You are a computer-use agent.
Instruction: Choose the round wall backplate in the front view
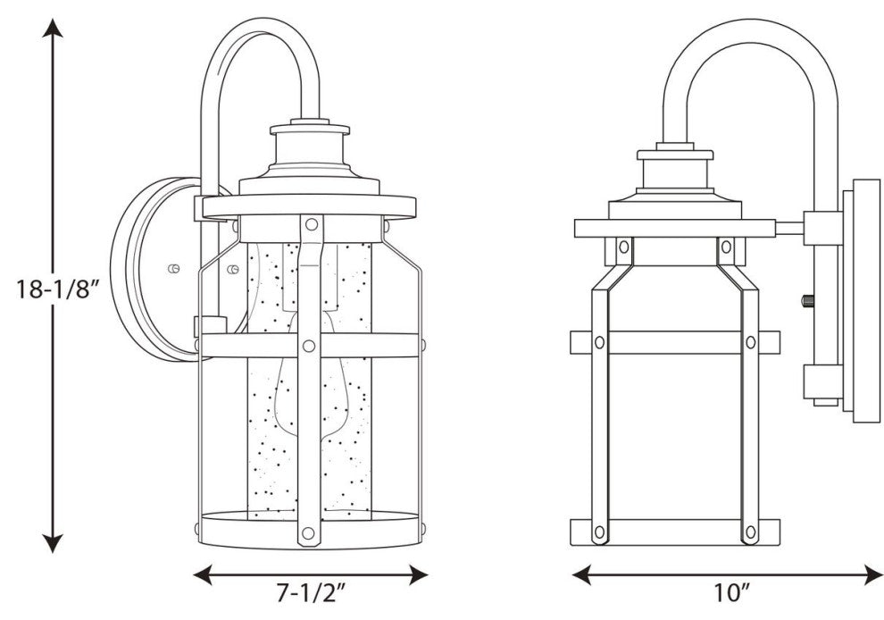147,268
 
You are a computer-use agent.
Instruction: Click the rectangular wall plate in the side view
862,300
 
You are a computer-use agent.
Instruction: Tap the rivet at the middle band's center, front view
309,345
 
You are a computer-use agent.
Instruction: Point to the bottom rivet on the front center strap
309,533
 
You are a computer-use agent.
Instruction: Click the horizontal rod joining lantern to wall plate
789,228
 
